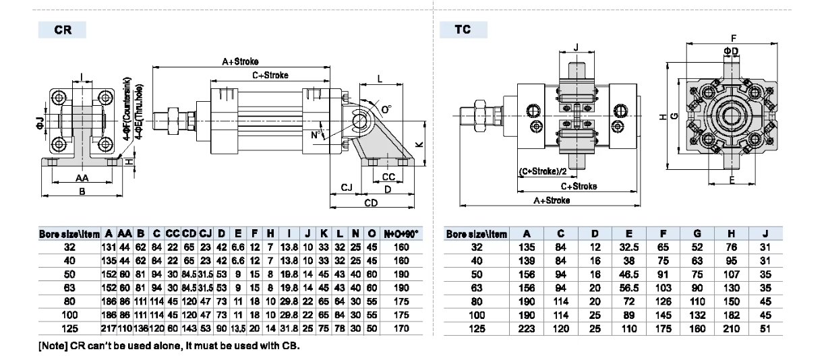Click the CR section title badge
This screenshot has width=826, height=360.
pyautogui.click(x=63, y=30)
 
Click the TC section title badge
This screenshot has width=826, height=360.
pyautogui.click(x=463, y=30)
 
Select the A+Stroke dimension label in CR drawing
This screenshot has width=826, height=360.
pyautogui.click(x=241, y=61)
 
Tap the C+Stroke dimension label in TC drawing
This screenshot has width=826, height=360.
pyautogui.click(x=579, y=186)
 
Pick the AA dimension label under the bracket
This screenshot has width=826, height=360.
pyautogui.click(x=82, y=178)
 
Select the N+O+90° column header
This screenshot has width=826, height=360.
pyautogui.click(x=401, y=234)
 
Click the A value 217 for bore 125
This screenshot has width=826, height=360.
pyautogui.click(x=109, y=328)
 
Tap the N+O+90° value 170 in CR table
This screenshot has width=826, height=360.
pyautogui.click(x=401, y=328)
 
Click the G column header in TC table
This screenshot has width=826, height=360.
pyautogui.click(x=697, y=234)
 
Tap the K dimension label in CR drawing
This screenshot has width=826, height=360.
pyautogui.click(x=418, y=144)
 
